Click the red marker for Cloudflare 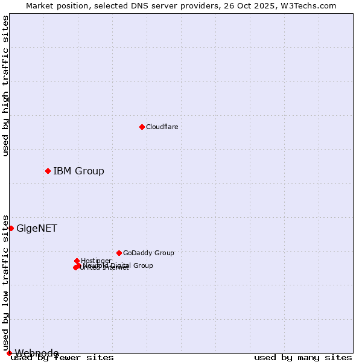click(142, 127)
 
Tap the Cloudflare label click(162, 127)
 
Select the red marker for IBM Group click(48, 171)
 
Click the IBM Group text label click(78, 171)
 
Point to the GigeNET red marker click(11, 228)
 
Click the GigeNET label click(37, 228)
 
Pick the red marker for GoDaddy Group click(119, 253)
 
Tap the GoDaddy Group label click(148, 253)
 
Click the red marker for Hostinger click(77, 261)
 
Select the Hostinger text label click(96, 261)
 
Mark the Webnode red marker click(9, 353)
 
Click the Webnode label click(37, 353)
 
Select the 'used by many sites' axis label click(303, 358)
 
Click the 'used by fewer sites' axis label click(62, 358)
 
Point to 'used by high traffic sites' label click(5, 86)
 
